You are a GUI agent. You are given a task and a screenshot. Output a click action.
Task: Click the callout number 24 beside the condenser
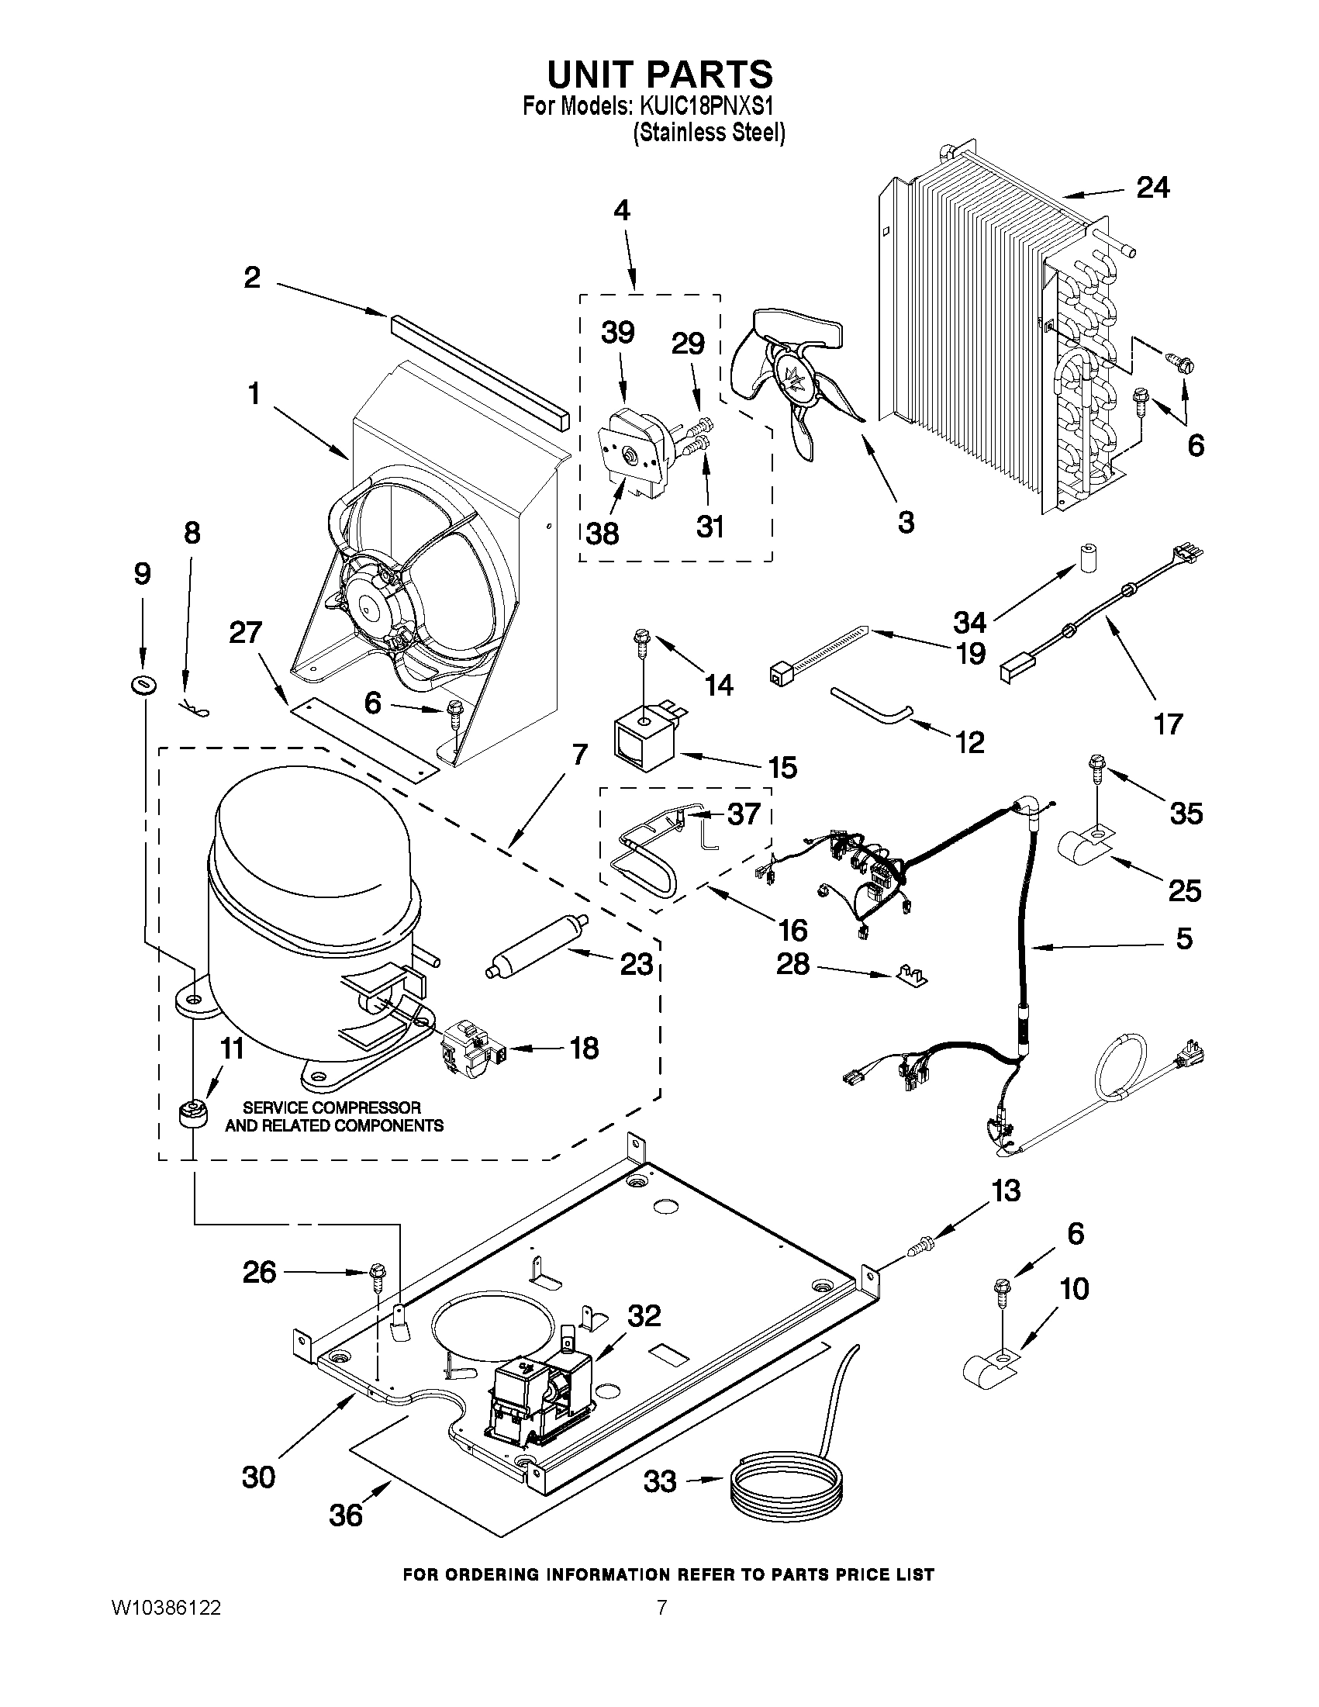(1152, 188)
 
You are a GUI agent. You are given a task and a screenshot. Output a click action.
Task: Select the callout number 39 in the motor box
(617, 333)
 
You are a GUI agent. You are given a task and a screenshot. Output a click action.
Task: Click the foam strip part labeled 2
(477, 364)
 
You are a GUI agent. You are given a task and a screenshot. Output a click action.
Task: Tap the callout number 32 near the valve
(644, 1315)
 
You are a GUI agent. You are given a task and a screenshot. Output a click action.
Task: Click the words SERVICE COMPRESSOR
(331, 1107)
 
